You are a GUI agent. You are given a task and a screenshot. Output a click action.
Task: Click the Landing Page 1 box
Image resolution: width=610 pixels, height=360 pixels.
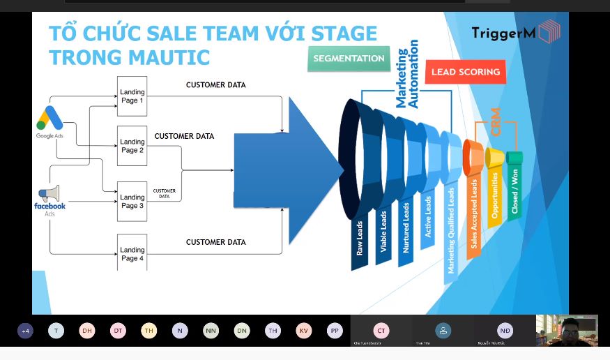(132, 96)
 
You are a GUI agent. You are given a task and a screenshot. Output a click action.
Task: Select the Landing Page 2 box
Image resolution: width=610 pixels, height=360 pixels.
(132, 145)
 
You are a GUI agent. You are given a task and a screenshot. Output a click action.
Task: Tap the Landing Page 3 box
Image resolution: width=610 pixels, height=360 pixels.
(132, 201)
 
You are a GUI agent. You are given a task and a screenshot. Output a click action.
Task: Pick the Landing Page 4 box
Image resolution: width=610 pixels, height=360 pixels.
(132, 253)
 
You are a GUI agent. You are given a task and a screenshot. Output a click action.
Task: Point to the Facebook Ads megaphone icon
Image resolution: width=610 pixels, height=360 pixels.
(49, 193)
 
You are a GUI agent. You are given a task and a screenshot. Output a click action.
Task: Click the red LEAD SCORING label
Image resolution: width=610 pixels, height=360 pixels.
(465, 72)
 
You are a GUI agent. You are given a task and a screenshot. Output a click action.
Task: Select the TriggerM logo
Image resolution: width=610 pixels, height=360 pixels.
(516, 32)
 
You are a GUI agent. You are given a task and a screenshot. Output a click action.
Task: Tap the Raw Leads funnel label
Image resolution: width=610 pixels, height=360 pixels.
(360, 238)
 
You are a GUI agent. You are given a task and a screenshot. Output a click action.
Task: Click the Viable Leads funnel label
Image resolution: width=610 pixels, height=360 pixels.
(383, 232)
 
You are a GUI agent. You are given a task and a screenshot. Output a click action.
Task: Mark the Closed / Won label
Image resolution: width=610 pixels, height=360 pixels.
(514, 190)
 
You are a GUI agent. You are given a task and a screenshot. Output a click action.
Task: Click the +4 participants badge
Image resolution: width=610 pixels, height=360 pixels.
(25, 331)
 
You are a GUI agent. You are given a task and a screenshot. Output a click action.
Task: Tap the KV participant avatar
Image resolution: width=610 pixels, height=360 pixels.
(303, 331)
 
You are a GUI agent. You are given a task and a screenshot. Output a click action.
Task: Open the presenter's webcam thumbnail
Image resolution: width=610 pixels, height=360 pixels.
(566, 330)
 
